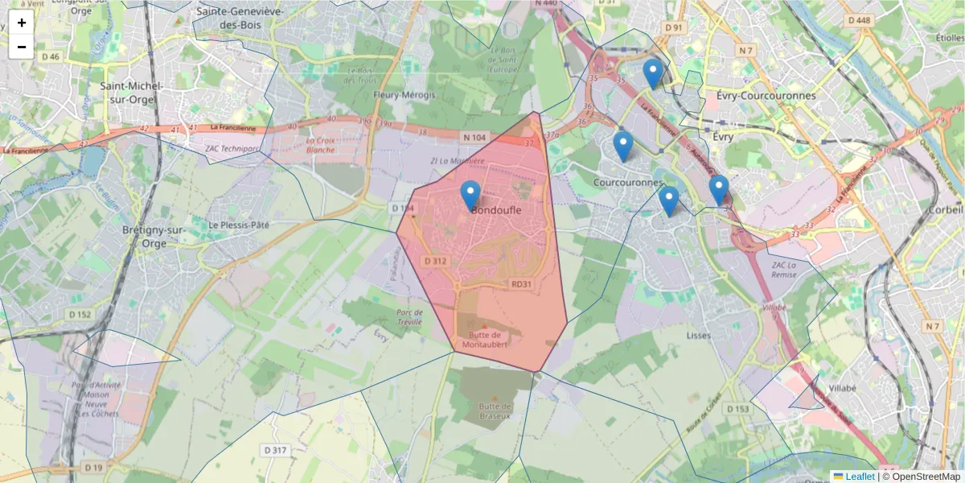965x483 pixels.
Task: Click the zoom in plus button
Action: [22, 23]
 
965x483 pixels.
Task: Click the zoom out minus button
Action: [22, 47]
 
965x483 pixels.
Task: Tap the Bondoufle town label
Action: [496, 210]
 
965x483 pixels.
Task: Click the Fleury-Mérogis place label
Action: [404, 95]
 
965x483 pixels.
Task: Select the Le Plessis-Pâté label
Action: [238, 225]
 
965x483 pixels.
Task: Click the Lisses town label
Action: [699, 335]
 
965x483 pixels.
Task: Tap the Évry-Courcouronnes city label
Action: [765, 96]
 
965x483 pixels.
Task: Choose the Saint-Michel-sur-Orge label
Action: [132, 93]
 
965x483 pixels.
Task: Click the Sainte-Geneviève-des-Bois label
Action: [239, 18]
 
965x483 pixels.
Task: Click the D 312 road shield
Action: [435, 261]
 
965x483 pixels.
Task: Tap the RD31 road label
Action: [522, 284]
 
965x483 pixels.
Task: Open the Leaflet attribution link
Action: [860, 477]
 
